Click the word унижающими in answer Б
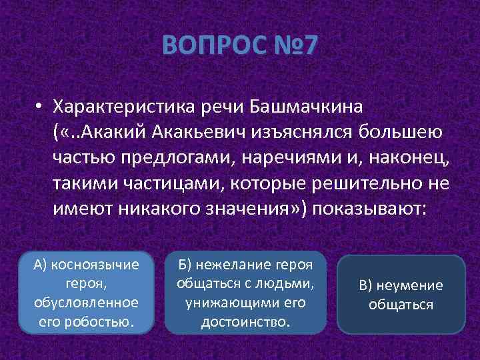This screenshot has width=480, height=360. pos(235,302)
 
